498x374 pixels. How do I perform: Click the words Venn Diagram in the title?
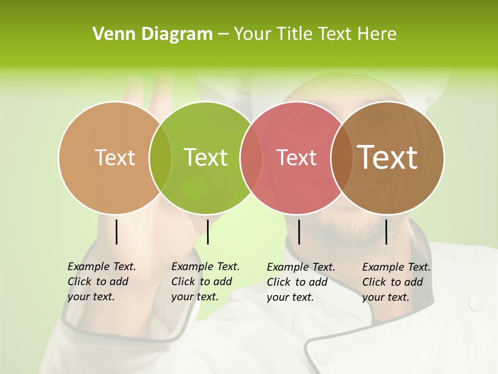click(153, 34)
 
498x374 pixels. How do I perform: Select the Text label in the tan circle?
click(115, 157)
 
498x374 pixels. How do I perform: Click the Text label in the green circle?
click(206, 157)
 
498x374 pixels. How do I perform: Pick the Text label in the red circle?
click(296, 157)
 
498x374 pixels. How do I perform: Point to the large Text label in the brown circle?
click(388, 157)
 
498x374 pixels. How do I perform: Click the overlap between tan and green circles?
click(160, 158)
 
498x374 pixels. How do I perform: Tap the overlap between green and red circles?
click(251, 158)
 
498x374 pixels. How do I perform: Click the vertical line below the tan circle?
click(117, 232)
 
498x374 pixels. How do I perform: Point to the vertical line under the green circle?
click(208, 232)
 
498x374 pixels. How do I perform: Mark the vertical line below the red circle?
click(299, 232)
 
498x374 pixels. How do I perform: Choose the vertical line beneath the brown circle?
click(386, 232)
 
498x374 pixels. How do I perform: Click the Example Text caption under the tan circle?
click(101, 282)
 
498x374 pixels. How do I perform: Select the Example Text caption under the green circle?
click(205, 282)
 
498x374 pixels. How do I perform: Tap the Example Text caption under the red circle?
click(300, 282)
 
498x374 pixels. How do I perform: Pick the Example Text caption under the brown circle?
click(396, 282)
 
